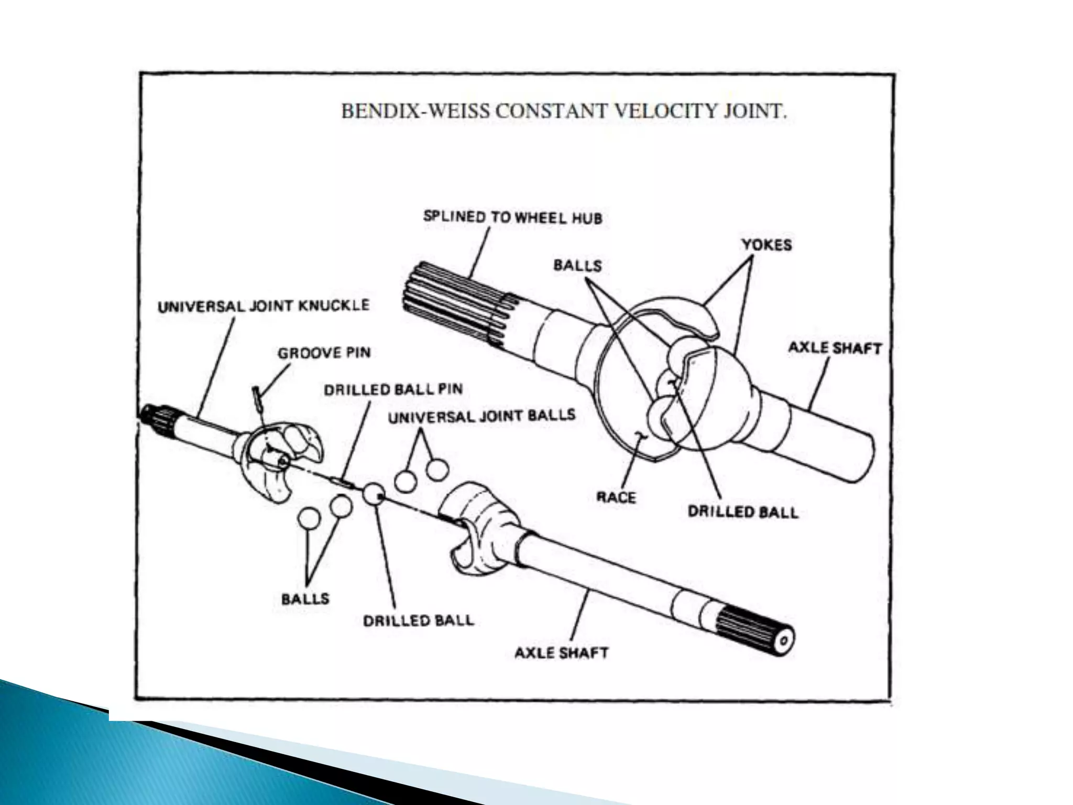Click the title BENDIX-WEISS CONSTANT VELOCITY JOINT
tap(564, 112)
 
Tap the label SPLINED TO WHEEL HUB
tap(512, 217)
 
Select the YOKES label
tap(766, 245)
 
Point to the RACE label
tap(616, 497)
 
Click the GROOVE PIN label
tap(324, 353)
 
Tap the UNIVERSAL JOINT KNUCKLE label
tap(264, 306)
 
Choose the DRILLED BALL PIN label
tap(393, 389)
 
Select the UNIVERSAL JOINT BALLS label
tap(481, 416)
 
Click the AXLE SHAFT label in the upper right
tap(835, 348)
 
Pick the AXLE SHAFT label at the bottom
tap(561, 653)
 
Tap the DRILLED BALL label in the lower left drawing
tap(418, 621)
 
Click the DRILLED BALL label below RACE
tap(742, 512)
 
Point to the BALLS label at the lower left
tap(305, 599)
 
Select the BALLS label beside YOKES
tap(577, 265)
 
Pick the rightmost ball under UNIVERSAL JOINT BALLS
tap(437, 470)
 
